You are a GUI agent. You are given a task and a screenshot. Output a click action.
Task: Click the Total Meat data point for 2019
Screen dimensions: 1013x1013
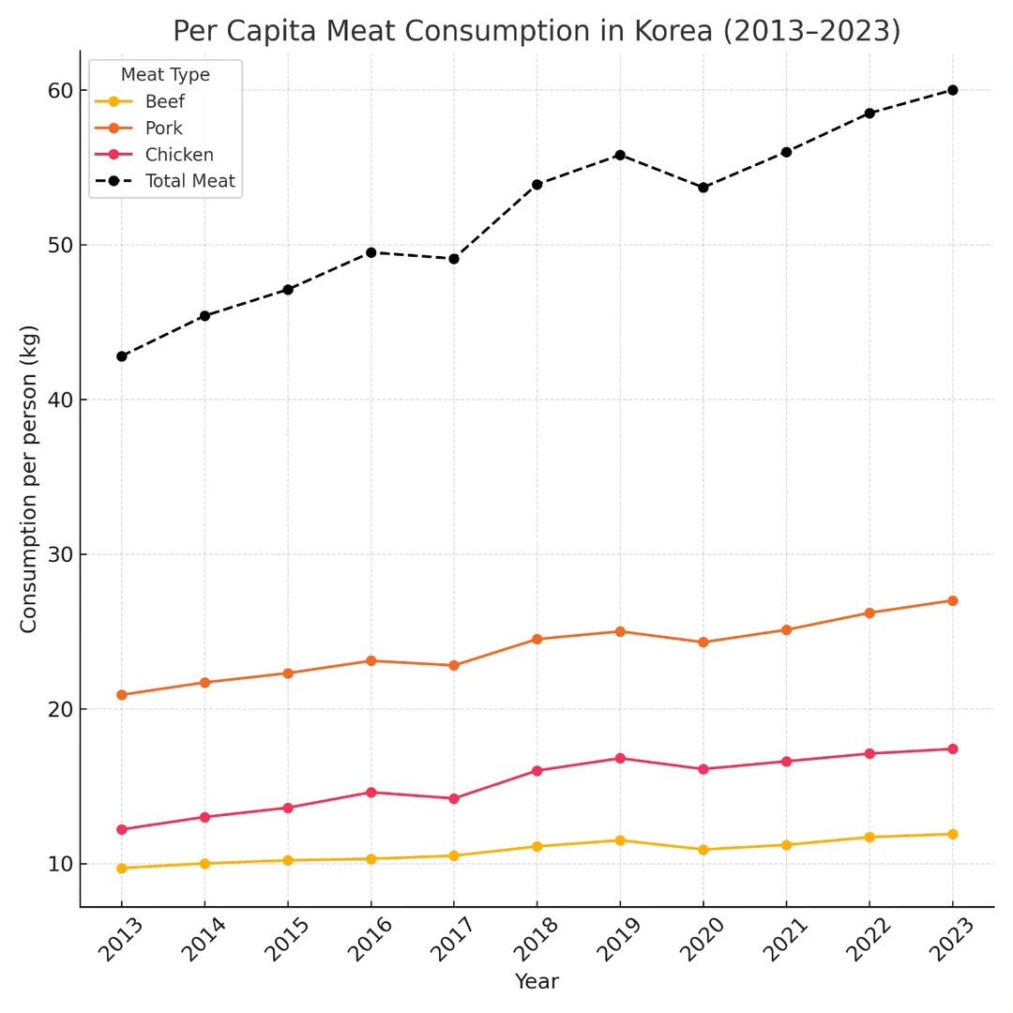pos(620,155)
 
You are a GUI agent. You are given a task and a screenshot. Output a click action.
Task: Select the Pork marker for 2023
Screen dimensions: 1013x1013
pos(952,600)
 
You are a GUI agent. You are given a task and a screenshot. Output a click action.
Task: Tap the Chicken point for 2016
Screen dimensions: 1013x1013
pos(370,793)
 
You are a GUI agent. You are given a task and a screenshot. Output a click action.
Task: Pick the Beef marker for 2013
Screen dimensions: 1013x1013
pos(122,869)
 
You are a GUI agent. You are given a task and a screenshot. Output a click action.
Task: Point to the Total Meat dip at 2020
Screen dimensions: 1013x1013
pos(703,188)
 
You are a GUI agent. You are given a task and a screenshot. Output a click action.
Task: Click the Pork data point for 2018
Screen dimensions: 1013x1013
pos(537,639)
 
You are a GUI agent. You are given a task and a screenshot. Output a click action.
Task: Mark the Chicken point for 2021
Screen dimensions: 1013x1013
pos(786,762)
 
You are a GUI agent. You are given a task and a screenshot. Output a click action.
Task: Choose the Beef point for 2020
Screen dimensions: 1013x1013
pos(703,850)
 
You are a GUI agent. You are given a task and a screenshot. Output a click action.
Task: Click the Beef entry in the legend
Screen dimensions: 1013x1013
pos(165,102)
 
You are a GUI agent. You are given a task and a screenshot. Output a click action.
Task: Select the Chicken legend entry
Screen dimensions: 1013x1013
pos(179,155)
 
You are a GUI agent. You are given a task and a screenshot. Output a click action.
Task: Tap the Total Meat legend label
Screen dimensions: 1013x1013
pos(190,181)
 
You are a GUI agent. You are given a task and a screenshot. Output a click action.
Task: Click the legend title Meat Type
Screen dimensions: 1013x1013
pos(165,75)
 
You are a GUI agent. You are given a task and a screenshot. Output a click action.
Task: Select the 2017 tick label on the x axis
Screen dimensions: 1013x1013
pos(452,940)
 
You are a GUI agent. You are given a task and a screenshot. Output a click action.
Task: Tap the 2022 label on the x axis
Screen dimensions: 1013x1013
pos(868,940)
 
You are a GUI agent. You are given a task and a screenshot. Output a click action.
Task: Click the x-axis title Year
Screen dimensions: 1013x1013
pos(537,982)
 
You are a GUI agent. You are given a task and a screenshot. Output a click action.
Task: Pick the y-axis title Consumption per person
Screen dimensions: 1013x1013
pos(30,478)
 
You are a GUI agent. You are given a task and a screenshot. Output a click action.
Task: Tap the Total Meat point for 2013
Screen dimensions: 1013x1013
pos(122,356)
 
